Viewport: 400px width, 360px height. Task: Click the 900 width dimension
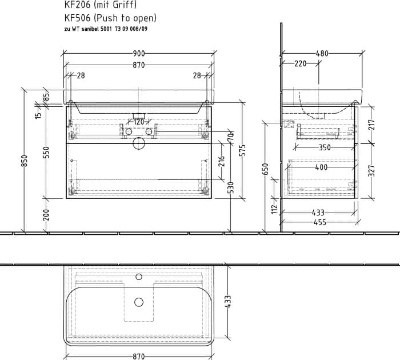tap(139, 54)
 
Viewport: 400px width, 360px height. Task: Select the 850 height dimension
tap(24, 161)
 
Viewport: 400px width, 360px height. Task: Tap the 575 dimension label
tap(243, 150)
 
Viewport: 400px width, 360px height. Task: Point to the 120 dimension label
tap(139, 122)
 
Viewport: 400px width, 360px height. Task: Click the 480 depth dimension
tap(322, 54)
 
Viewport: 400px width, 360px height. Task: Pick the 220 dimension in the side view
tap(300, 63)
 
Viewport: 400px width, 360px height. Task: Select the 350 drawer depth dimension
tap(325, 147)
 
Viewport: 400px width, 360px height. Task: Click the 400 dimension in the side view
tap(321, 167)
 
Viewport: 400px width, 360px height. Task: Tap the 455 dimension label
tap(320, 222)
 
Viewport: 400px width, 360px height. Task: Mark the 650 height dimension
tap(266, 169)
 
